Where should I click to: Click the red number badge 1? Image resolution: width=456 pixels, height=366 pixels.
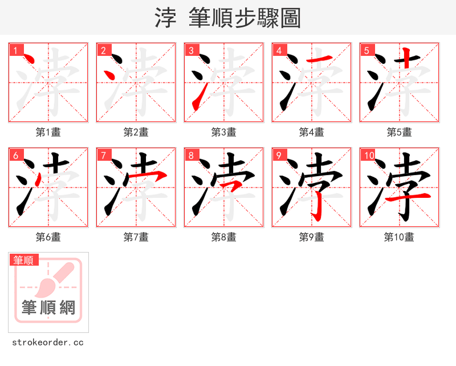pos(15,50)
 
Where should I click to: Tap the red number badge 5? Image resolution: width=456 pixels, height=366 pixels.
pos(367,50)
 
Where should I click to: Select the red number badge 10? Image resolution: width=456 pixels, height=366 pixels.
pos(368,155)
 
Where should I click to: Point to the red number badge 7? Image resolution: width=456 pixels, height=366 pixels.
pos(103,155)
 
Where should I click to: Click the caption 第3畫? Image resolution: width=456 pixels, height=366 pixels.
pos(223,132)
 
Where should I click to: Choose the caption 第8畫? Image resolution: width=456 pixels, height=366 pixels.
pos(223,237)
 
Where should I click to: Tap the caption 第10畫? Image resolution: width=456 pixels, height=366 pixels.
pos(399,237)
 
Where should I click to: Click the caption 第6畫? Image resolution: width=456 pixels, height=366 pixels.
pos(48,237)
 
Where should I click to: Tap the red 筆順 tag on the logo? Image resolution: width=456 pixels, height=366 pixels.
pos(24,260)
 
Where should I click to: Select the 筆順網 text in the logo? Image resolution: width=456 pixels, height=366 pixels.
pos(48,308)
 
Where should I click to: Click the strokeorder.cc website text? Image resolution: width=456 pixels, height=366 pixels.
pos(48,343)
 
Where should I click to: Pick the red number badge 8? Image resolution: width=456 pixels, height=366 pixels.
pos(191,155)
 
